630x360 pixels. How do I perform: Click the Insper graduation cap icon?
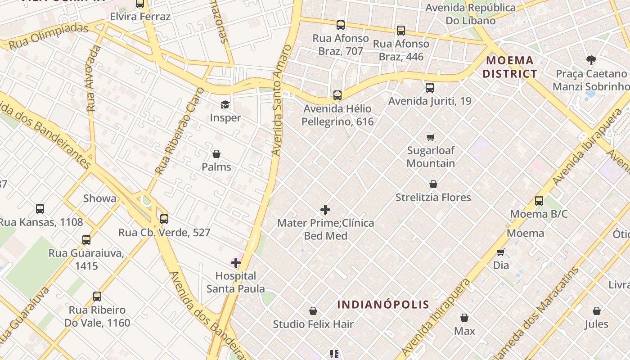pyautogui.click(x=225, y=105)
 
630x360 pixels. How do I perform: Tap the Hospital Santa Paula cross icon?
pyautogui.click(x=236, y=263)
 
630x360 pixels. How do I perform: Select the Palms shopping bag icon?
pyautogui.click(x=216, y=154)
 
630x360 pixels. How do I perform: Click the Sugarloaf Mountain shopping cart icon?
pyautogui.click(x=431, y=137)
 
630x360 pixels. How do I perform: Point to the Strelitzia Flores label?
pyautogui.click(x=433, y=198)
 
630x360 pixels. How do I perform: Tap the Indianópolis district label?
pyautogui.click(x=383, y=304)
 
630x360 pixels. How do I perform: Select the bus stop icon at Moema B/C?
pyautogui.click(x=539, y=201)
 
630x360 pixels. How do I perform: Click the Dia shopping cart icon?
pyautogui.click(x=500, y=252)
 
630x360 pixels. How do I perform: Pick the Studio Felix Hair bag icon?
pyautogui.click(x=313, y=311)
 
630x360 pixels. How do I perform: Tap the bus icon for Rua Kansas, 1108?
pyautogui.click(x=40, y=208)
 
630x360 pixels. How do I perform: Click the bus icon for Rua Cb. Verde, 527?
pyautogui.click(x=164, y=219)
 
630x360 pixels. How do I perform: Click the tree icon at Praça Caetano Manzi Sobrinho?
pyautogui.click(x=591, y=60)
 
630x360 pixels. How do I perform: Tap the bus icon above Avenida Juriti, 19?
pyautogui.click(x=430, y=88)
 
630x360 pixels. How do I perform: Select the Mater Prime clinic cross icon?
pyautogui.click(x=325, y=210)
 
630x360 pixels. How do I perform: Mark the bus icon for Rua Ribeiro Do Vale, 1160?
pyautogui.click(x=97, y=297)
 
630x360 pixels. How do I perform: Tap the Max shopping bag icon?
pyautogui.click(x=464, y=318)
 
